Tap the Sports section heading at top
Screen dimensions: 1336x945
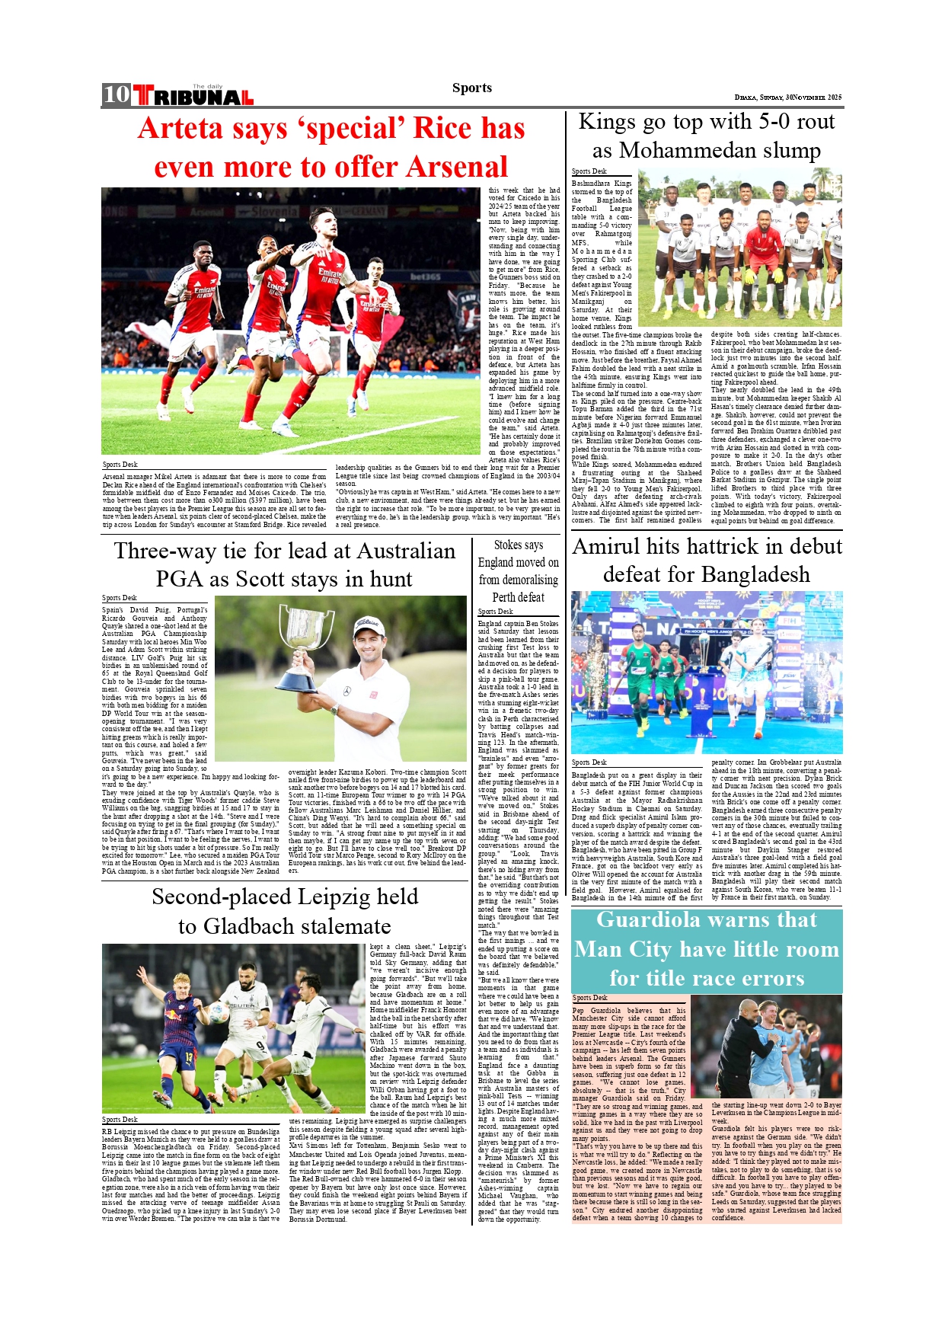[472, 88]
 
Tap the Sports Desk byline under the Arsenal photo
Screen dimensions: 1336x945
[120, 465]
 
